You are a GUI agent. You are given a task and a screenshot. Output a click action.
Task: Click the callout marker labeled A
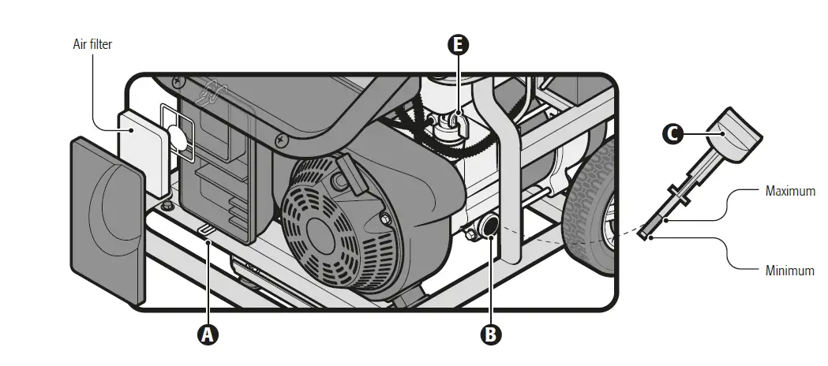point(208,334)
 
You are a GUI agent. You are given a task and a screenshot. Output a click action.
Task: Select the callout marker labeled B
point(490,334)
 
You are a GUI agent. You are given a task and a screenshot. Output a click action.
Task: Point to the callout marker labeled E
point(458,45)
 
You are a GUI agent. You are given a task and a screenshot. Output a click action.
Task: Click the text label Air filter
point(92,45)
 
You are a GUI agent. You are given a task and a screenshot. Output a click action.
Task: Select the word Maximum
point(790,191)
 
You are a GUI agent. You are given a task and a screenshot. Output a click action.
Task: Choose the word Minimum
point(789,271)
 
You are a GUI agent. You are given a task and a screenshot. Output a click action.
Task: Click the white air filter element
point(143,153)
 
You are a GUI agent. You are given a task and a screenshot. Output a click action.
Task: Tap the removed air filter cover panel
point(107,218)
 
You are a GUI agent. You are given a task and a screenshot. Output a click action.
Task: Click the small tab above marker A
point(207,229)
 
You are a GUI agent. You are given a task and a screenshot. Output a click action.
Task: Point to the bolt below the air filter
point(167,207)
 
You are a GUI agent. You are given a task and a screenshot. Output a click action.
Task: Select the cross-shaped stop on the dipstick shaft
point(680,192)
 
